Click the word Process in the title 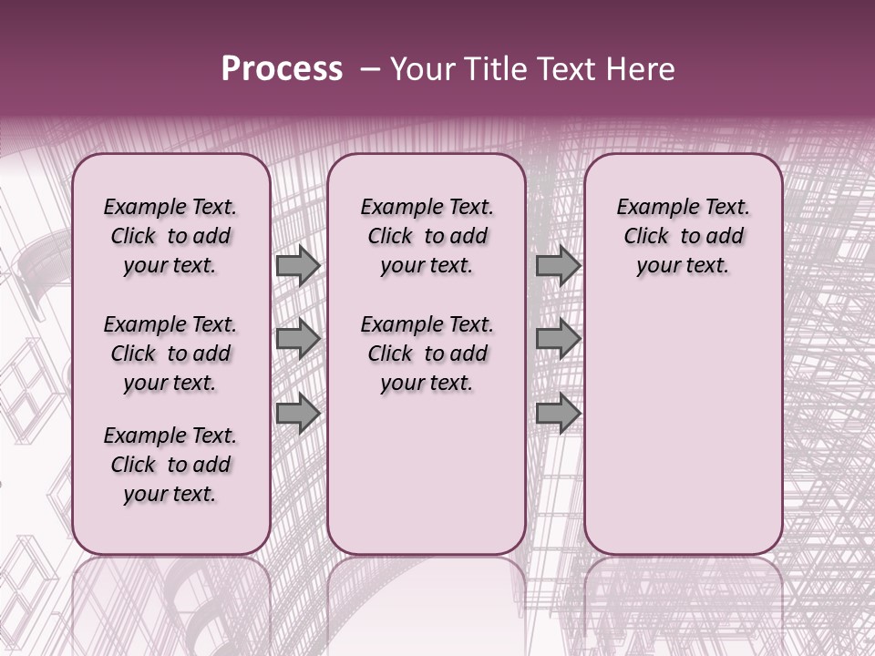pyautogui.click(x=282, y=69)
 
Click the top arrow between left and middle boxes pyautogui.click(x=298, y=265)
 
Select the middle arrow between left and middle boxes pyautogui.click(x=298, y=340)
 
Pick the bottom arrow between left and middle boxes pyautogui.click(x=298, y=414)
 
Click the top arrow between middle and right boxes pyautogui.click(x=558, y=265)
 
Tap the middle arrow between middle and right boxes pyautogui.click(x=558, y=340)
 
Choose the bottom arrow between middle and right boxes pyautogui.click(x=558, y=414)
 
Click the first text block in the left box pyautogui.click(x=170, y=236)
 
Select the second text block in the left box pyautogui.click(x=170, y=354)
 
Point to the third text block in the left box pyautogui.click(x=170, y=465)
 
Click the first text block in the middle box pyautogui.click(x=427, y=236)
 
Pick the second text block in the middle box pyautogui.click(x=427, y=354)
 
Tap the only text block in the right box pyautogui.click(x=683, y=236)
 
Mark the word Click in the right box pyautogui.click(x=646, y=237)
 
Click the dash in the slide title pyautogui.click(x=370, y=69)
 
